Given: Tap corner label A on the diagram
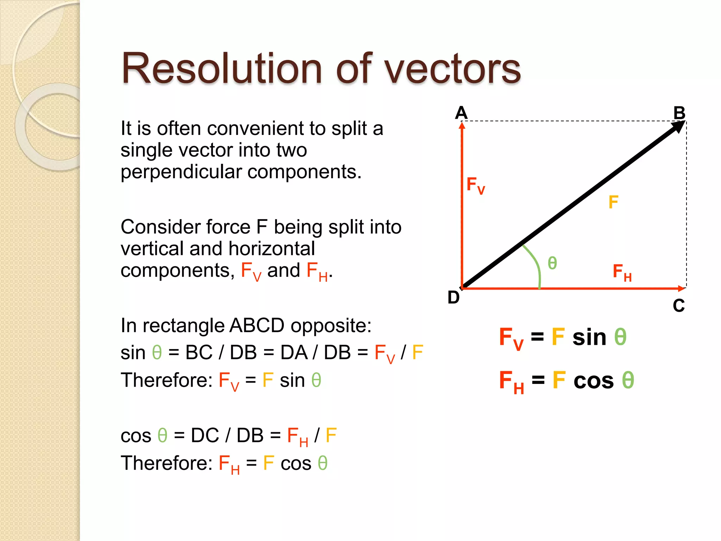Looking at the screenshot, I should (461, 113).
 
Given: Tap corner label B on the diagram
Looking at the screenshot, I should (679, 113).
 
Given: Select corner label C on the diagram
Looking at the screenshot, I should (679, 306).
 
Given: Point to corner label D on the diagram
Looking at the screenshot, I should (453, 298).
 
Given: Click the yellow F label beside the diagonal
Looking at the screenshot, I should (613, 202).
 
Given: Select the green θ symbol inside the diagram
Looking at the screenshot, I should (552, 263).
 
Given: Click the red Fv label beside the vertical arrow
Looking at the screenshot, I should (475, 185).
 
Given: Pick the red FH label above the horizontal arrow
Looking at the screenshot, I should (622, 272).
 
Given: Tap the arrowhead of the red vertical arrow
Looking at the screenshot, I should (462, 126).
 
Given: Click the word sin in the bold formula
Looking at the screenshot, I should (589, 337).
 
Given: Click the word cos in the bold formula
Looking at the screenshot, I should (594, 381).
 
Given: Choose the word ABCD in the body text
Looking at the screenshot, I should (257, 325).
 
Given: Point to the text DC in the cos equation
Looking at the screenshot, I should (205, 435).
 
